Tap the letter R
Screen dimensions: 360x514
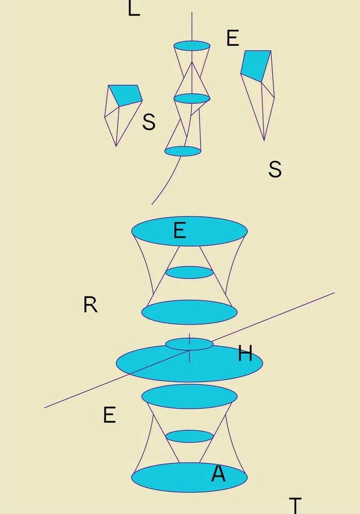point(90,305)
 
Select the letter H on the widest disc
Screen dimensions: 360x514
point(245,354)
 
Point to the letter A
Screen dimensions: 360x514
point(218,474)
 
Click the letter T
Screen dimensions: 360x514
point(295,505)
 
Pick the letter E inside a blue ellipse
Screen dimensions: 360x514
point(179,231)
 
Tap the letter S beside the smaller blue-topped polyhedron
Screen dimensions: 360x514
point(149,122)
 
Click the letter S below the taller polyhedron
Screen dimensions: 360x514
point(275,169)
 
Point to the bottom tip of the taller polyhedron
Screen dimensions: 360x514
point(264,140)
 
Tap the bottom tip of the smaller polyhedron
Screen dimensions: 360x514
point(116,146)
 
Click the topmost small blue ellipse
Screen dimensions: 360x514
point(192,46)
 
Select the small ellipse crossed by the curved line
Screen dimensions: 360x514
point(183,151)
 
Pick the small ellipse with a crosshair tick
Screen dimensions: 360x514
point(189,344)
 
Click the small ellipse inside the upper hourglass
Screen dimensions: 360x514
point(189,272)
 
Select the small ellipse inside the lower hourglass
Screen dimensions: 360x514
point(189,436)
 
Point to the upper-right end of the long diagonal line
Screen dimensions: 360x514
point(334,293)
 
